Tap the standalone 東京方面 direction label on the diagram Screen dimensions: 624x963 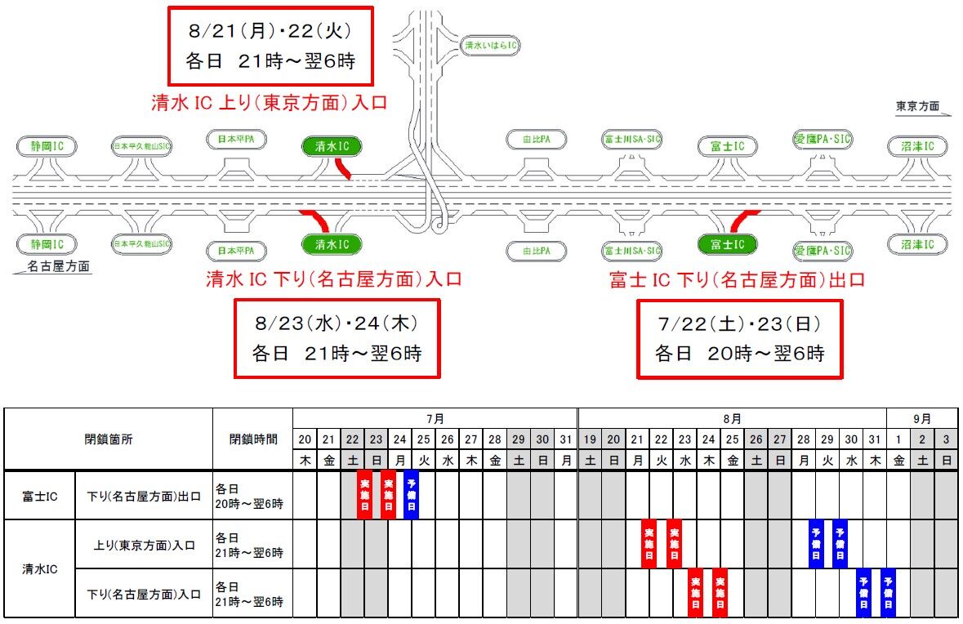click(x=917, y=106)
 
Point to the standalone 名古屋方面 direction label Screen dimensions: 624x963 click(x=57, y=266)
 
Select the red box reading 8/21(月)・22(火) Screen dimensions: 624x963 click(x=270, y=46)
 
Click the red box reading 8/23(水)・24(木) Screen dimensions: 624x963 click(x=337, y=338)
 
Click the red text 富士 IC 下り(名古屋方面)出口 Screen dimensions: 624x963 click(x=737, y=280)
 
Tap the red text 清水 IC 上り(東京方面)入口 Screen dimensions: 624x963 click(x=269, y=103)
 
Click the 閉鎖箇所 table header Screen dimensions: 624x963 click(x=109, y=439)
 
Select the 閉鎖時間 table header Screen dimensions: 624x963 click(x=252, y=439)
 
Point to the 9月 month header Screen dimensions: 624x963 click(x=922, y=418)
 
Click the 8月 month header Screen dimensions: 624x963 click(x=732, y=418)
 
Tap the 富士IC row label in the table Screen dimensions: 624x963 click(x=39, y=495)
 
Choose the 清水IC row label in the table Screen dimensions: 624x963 click(x=39, y=568)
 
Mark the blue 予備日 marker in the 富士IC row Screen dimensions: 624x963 click(x=412, y=494)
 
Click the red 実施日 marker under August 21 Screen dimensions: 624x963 click(x=649, y=543)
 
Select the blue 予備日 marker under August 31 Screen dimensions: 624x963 click(x=888, y=592)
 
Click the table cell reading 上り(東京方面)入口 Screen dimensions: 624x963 click(x=143, y=544)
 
